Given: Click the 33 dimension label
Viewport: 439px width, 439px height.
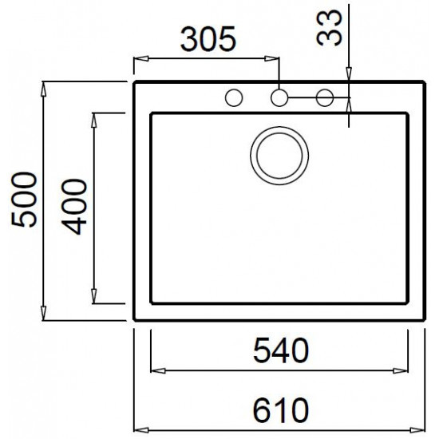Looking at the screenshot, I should pyautogui.click(x=330, y=29).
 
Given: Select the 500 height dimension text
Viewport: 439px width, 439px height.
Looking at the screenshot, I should pyautogui.click(x=25, y=200).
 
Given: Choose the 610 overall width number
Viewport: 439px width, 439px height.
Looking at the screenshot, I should pyautogui.click(x=281, y=411).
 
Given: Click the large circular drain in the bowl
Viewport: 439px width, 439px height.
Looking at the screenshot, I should pyautogui.click(x=279, y=152).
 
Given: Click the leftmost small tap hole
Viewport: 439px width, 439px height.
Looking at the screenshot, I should pyautogui.click(x=234, y=98).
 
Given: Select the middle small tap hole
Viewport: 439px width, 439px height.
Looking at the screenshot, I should pyautogui.click(x=279, y=98).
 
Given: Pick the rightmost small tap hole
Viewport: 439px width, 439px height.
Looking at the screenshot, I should pyautogui.click(x=324, y=98).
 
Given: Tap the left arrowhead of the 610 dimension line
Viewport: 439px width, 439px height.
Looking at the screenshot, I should pyautogui.click(x=138, y=427).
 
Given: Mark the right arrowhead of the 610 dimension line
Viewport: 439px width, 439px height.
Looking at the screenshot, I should pyautogui.click(x=424, y=427).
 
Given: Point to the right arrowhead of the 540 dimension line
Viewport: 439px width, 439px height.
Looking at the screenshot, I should pyautogui.click(x=406, y=370).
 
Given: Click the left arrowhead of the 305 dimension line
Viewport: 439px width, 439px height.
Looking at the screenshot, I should pyautogui.click(x=138, y=58).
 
